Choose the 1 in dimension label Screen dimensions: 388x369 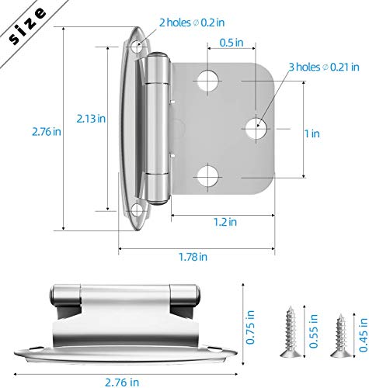pyautogui.click(x=313, y=134)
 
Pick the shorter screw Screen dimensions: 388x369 pyautogui.click(x=338, y=334)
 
